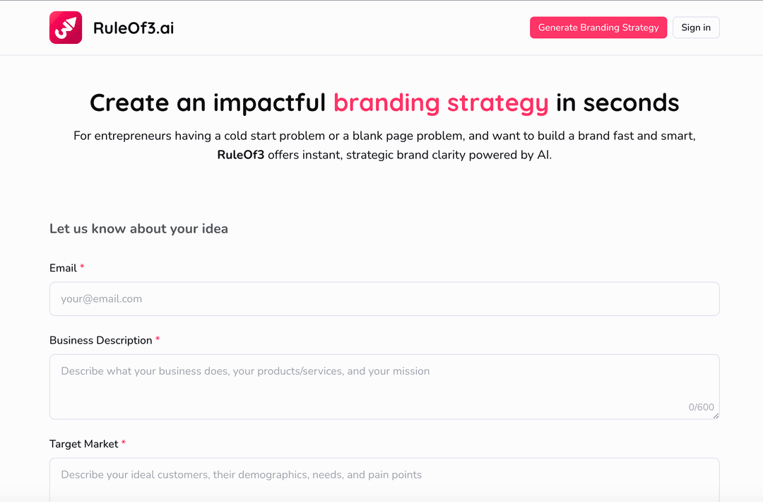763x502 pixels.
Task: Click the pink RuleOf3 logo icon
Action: pyautogui.click(x=66, y=28)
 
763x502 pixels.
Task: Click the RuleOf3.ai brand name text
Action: pyautogui.click(x=134, y=28)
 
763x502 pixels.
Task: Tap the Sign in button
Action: pyautogui.click(x=696, y=28)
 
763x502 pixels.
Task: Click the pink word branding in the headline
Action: pyautogui.click(x=386, y=103)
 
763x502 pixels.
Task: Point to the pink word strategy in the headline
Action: pyautogui.click(x=497, y=103)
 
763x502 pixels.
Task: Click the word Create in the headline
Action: pyautogui.click(x=129, y=103)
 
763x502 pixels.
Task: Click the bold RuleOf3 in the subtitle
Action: pyautogui.click(x=240, y=155)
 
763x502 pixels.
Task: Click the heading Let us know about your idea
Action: pyautogui.click(x=138, y=228)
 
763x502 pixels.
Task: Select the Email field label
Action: pyautogui.click(x=63, y=268)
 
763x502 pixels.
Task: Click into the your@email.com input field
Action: pyautogui.click(x=384, y=299)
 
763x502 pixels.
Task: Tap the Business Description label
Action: pyautogui.click(x=100, y=340)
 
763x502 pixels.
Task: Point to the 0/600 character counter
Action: pyautogui.click(x=701, y=407)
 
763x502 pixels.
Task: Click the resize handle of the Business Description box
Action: pyautogui.click(x=716, y=416)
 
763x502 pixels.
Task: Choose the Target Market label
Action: pyautogui.click(x=83, y=444)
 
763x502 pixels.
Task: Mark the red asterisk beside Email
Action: pyautogui.click(x=82, y=267)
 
